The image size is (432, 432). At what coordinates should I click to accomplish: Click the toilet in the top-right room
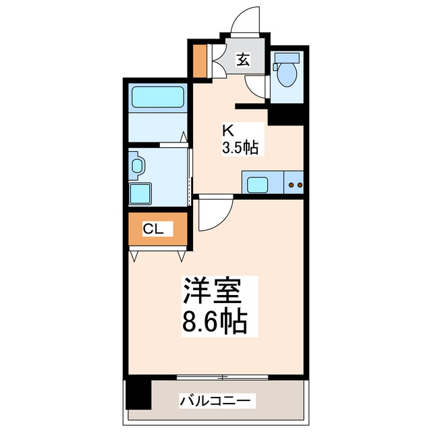click(287, 73)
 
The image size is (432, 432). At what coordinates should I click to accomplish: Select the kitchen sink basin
click(258, 184)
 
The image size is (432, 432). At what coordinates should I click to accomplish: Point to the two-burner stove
click(294, 184)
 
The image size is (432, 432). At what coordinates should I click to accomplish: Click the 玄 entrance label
click(242, 60)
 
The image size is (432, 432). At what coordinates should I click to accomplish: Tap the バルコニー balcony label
click(217, 402)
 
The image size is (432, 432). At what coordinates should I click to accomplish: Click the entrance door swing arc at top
click(245, 21)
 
